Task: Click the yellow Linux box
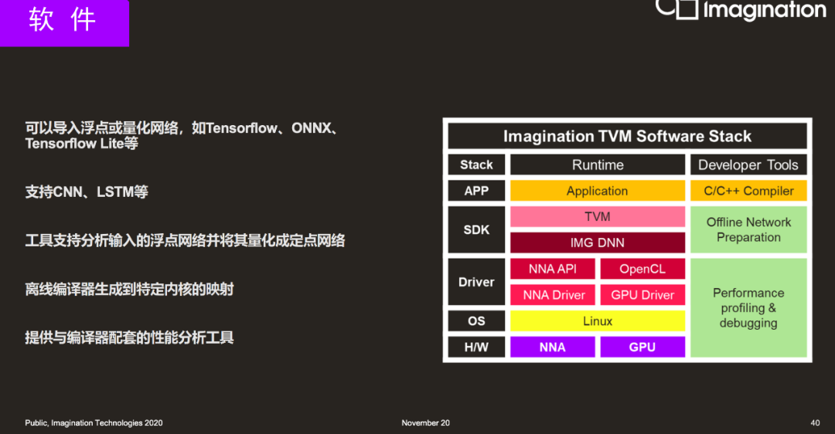(598, 320)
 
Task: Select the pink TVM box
(598, 217)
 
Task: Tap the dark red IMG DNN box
(598, 242)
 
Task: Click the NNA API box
(552, 269)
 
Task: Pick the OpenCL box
(642, 269)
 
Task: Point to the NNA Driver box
(552, 295)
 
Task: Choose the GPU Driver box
(642, 295)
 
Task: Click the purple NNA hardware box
(552, 347)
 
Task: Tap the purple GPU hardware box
(642, 347)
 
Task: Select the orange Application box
(598, 191)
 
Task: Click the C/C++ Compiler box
(748, 191)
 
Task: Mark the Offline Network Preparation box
(748, 230)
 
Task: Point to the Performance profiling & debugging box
(748, 308)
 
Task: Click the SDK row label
(476, 230)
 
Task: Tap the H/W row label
(476, 347)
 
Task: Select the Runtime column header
(598, 165)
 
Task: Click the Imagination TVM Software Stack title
(627, 136)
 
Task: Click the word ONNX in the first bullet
(312, 128)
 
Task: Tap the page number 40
(815, 423)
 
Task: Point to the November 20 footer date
(425, 423)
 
